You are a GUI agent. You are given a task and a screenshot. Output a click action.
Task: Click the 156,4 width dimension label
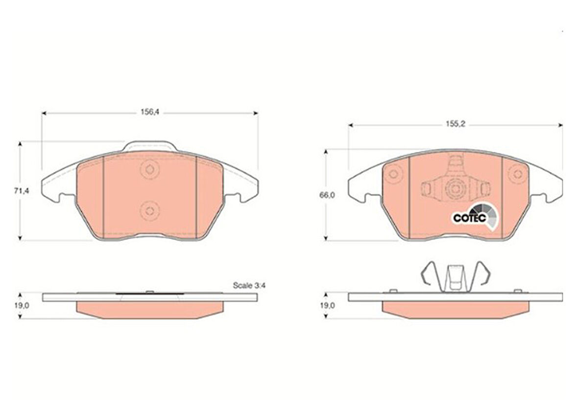[x=150, y=112]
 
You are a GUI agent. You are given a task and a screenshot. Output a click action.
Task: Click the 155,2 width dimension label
[x=456, y=125]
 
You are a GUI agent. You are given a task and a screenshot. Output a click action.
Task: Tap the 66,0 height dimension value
[x=327, y=195]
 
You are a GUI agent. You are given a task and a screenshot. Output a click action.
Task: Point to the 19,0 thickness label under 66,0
[x=327, y=306]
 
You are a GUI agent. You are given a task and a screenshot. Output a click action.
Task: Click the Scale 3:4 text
[x=249, y=285]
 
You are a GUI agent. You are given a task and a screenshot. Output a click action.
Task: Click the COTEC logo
[x=476, y=218]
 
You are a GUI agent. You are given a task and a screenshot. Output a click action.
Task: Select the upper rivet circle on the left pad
[x=150, y=170]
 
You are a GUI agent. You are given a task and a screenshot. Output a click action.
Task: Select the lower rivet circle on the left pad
[x=150, y=211]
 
